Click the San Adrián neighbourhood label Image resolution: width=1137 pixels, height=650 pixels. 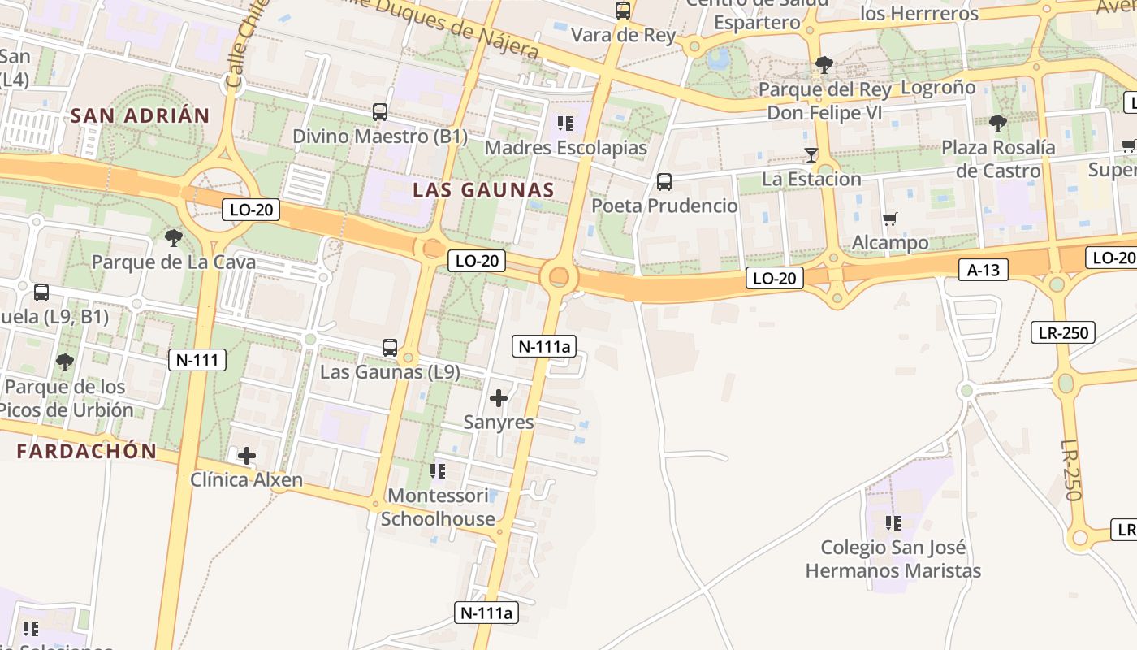tap(140, 115)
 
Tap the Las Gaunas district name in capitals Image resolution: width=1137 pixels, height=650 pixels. tap(483, 190)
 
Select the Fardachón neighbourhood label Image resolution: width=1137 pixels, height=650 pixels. tap(86, 451)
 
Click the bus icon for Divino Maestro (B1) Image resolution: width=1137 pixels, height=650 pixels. tap(380, 112)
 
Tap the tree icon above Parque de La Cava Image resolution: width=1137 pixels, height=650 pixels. tap(173, 238)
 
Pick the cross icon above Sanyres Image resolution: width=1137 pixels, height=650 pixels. tap(499, 398)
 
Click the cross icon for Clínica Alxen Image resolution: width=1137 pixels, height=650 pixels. tap(247, 456)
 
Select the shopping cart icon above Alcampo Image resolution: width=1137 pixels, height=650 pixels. tap(890, 219)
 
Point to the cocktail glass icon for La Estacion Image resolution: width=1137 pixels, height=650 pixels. tap(811, 154)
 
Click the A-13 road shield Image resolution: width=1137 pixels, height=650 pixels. tap(983, 270)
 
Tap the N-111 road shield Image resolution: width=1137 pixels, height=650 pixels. tap(197, 359)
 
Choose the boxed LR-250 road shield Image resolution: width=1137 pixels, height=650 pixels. tap(1063, 331)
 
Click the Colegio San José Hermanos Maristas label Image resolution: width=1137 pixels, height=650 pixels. tap(893, 559)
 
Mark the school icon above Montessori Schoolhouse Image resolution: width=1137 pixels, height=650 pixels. tap(438, 471)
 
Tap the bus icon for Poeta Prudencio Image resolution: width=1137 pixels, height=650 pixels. tap(664, 182)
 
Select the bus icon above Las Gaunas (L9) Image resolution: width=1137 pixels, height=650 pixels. tap(390, 348)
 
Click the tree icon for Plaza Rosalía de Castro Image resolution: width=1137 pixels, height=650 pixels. tap(998, 123)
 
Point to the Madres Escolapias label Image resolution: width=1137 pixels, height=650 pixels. tap(565, 148)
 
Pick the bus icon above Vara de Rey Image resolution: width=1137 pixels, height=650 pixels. tap(623, 11)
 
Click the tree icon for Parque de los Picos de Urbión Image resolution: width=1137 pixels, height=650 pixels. tap(65, 362)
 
